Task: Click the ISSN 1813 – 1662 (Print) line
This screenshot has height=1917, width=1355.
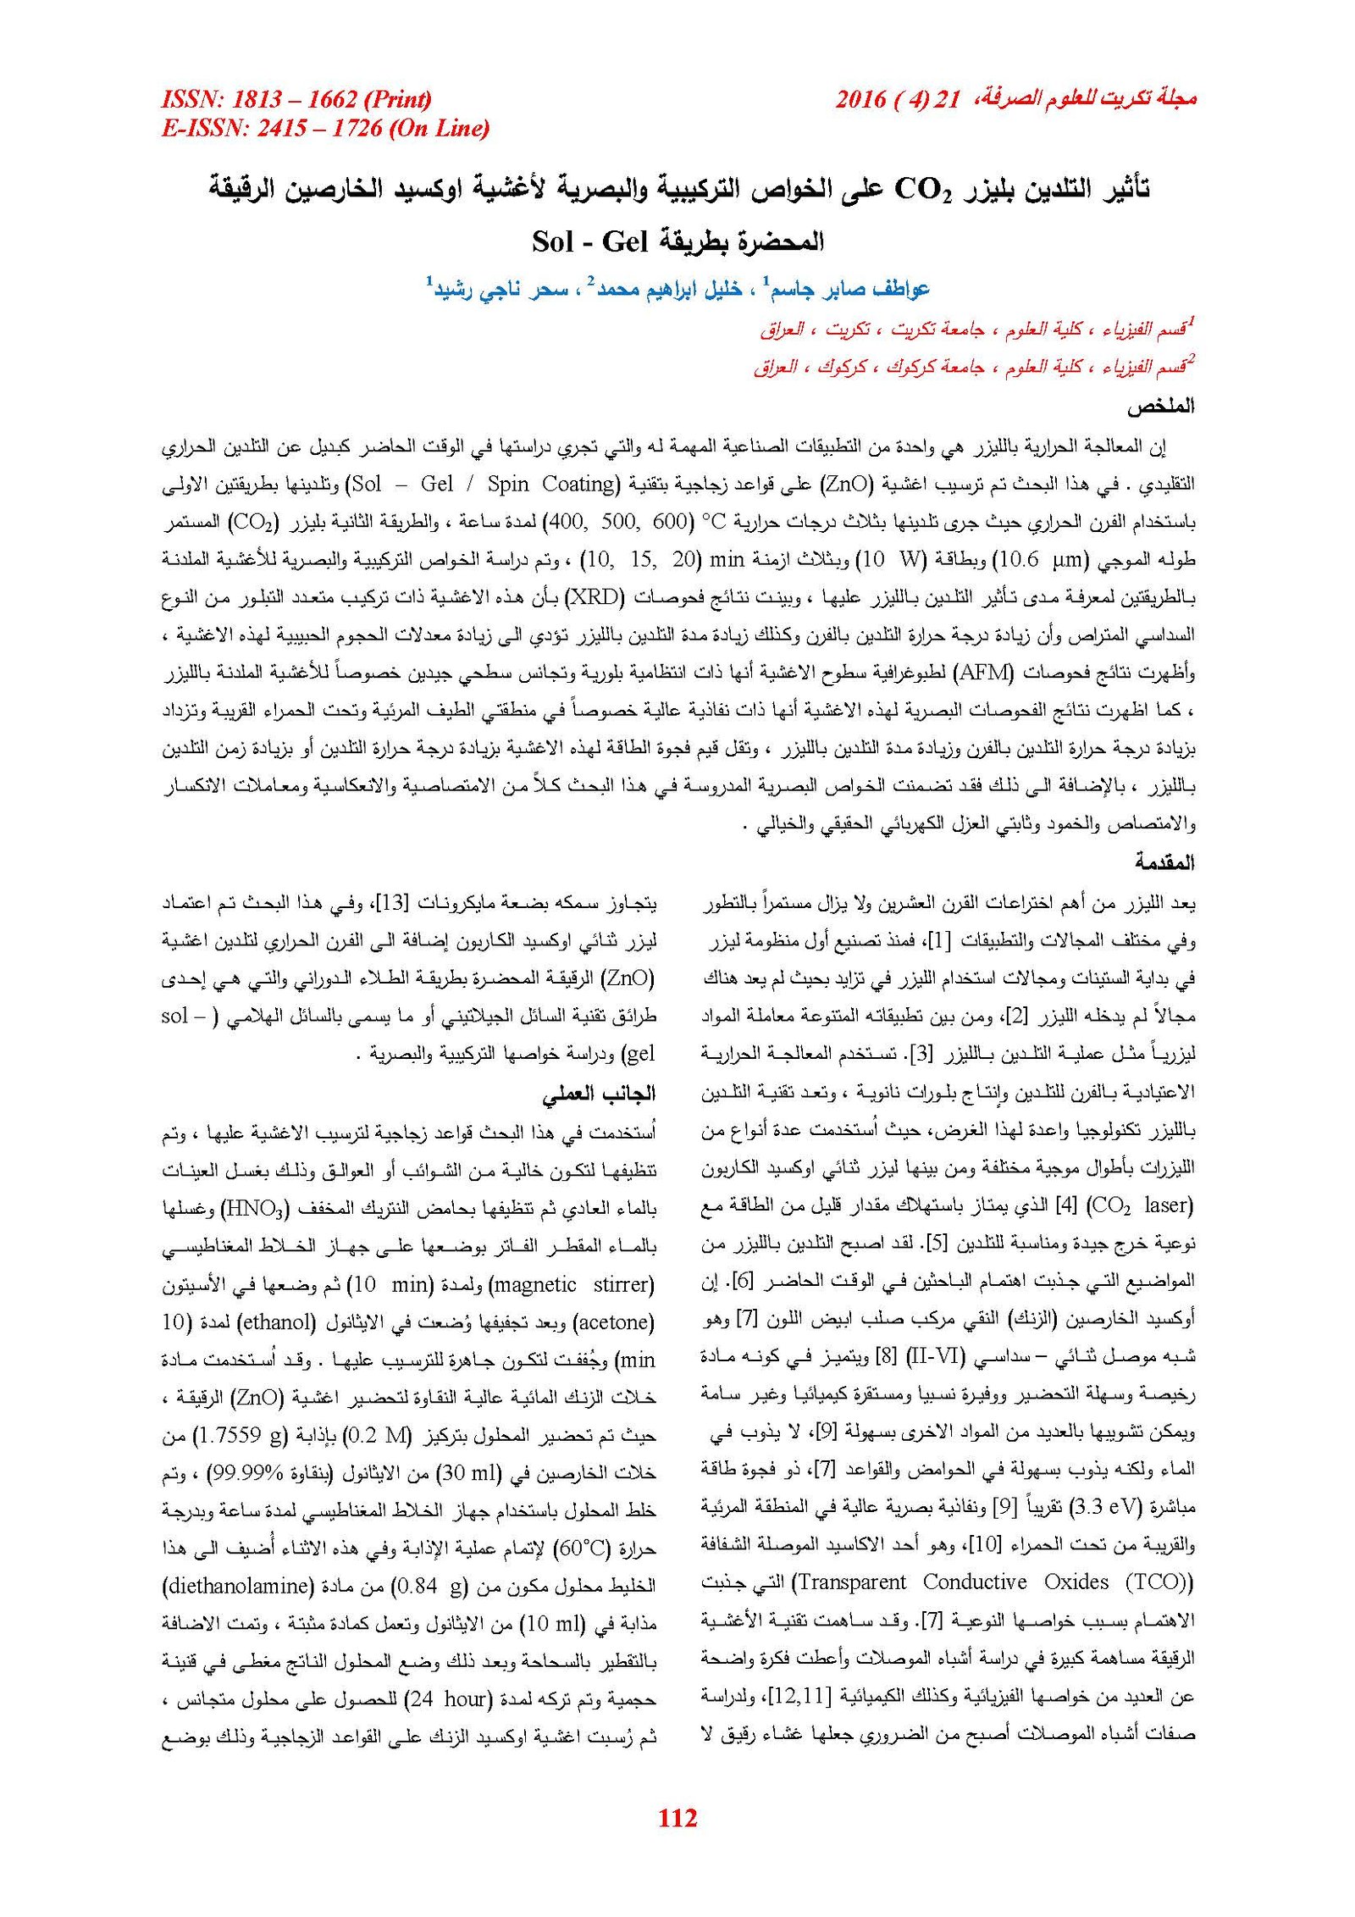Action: click(x=296, y=99)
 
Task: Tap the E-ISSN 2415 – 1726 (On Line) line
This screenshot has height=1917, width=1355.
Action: click(x=325, y=129)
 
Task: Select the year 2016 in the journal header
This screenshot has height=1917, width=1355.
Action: click(x=860, y=99)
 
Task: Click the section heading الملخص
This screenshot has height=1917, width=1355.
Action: click(x=1160, y=407)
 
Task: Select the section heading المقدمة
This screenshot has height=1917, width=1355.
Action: click(x=1164, y=863)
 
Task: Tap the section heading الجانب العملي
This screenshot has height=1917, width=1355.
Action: click(x=600, y=1094)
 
